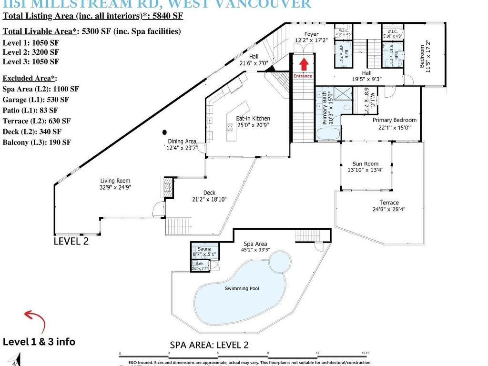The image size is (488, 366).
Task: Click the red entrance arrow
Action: [x=304, y=64]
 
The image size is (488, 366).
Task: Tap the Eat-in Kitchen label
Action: [x=254, y=119]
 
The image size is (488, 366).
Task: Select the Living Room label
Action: [x=115, y=181]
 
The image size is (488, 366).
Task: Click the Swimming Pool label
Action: [x=242, y=288]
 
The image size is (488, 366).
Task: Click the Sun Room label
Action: [x=365, y=164]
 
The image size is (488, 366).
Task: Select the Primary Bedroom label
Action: [x=394, y=120]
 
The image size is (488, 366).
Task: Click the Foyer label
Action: [x=311, y=34]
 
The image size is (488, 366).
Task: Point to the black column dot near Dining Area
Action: [x=164, y=132]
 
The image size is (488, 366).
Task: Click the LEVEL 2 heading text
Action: [x=71, y=241]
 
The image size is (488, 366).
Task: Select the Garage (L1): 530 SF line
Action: [x=36, y=100]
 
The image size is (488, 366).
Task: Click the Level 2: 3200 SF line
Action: [x=31, y=52]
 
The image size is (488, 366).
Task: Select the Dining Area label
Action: [x=182, y=141]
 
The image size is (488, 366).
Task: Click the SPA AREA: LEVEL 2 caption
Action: [x=209, y=345]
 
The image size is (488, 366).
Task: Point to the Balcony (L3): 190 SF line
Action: [x=37, y=142]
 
